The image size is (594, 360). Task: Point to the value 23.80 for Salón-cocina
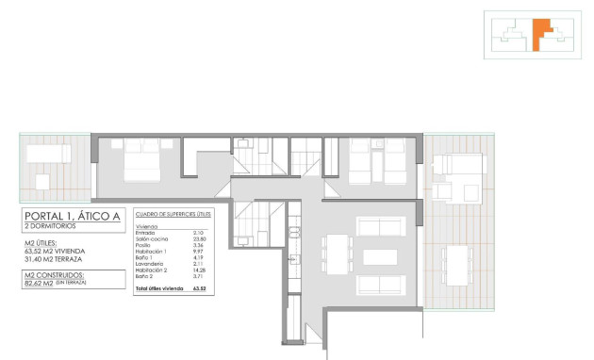(199, 239)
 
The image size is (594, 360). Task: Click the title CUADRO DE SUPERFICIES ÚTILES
(173, 215)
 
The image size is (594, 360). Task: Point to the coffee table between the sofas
(381, 257)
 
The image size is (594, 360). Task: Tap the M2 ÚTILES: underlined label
(41, 243)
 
